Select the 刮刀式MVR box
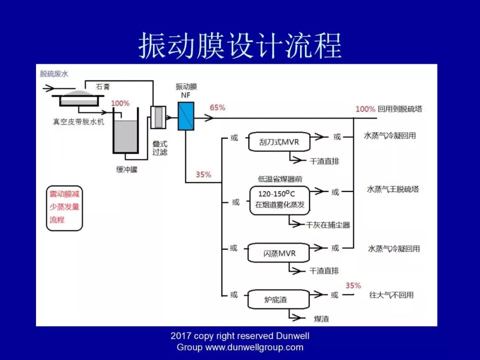(279, 142)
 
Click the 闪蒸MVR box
(279, 253)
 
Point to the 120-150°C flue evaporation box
(279, 200)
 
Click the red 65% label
(217, 108)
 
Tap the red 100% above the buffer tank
(120, 103)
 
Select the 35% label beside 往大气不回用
(353, 285)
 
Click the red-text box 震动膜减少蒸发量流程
(64, 207)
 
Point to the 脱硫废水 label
(54, 74)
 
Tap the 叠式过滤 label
(160, 148)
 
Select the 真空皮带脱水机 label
(79, 121)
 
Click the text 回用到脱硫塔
(400, 109)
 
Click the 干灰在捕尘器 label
(328, 225)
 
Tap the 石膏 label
(103, 87)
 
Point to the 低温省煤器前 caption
(280, 179)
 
